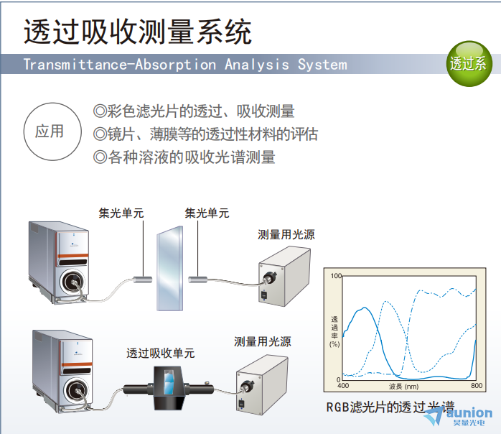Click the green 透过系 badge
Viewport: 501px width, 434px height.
469,63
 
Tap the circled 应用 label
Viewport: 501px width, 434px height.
52,131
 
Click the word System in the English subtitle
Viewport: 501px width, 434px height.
322,65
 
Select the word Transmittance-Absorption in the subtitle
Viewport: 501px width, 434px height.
120,65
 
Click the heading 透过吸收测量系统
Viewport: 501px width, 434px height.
138,32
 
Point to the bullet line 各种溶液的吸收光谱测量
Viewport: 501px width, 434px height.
184,157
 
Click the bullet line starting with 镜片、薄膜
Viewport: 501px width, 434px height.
205,134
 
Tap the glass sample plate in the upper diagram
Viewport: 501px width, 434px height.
169,268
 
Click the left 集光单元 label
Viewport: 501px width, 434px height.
121,213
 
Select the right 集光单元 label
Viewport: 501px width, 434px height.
207,213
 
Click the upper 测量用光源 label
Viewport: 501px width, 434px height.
286,234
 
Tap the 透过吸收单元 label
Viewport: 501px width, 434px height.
160,353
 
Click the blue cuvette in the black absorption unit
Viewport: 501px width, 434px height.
169,382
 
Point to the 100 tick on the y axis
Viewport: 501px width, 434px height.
336,276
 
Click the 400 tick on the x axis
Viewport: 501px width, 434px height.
343,386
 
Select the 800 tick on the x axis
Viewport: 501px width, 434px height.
477,386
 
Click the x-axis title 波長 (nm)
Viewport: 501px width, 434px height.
404,387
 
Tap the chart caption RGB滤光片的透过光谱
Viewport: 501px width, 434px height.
390,407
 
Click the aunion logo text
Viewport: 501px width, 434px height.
469,413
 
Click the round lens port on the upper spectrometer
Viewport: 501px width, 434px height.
72,282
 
